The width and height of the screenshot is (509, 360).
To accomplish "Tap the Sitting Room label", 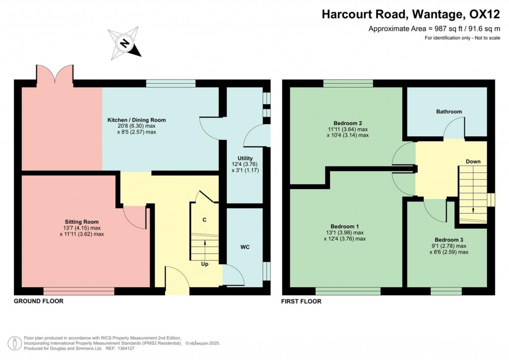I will coord(82,222).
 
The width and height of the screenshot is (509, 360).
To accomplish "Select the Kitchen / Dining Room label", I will coord(137,120).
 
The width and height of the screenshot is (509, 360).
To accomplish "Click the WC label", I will coord(245,247).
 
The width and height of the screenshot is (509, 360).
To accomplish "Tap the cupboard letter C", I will coord(204,220).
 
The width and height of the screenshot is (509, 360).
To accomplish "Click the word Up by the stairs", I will coord(204,264).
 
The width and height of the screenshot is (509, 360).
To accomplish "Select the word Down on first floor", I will coord(473,162).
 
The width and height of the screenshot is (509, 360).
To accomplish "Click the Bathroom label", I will coord(449,111).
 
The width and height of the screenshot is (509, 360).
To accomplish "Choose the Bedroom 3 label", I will coord(449,239).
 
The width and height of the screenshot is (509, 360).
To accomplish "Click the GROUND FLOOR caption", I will coord(38,301).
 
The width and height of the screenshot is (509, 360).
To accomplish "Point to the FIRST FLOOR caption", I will coord(301,301).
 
